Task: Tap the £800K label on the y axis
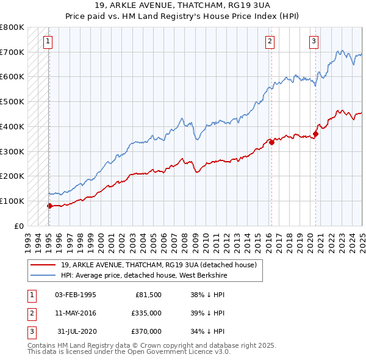point(12,27)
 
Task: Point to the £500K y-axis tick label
point(12,102)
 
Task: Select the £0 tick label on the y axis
point(20,226)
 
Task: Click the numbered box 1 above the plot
point(48,41)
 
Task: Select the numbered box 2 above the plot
point(270,41)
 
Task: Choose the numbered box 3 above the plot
point(314,41)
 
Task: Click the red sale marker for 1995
point(49,206)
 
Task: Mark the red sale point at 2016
point(271,143)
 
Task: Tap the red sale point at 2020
point(316,134)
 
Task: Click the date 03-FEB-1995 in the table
point(75,295)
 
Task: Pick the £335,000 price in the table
point(146,313)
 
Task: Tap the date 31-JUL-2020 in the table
point(75,331)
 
